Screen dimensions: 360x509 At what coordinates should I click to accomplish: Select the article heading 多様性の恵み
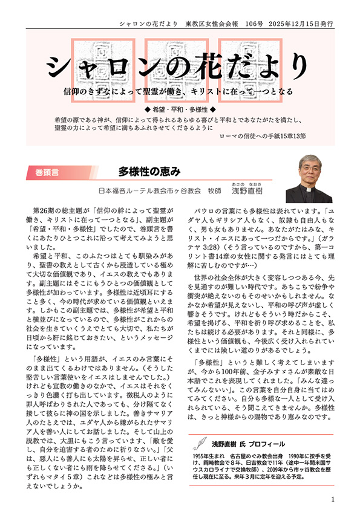pos(149,171)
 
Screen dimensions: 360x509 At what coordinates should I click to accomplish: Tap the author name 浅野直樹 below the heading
pos(249,190)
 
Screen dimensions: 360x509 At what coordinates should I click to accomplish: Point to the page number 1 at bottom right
pos(333,499)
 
